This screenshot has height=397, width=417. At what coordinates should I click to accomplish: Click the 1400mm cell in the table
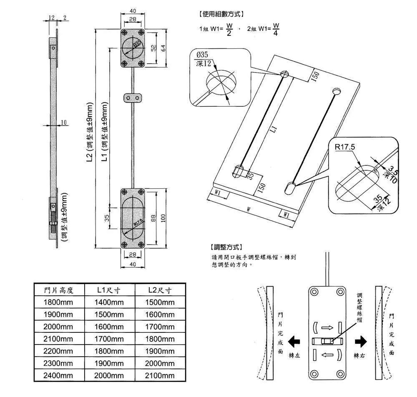coord(109,302)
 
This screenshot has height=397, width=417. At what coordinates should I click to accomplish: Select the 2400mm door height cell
coord(59,376)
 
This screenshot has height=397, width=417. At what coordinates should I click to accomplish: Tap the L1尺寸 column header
coord(109,290)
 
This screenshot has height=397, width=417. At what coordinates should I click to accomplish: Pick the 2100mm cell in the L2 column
coord(160,376)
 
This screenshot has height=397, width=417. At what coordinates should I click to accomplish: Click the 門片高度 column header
coord(59,290)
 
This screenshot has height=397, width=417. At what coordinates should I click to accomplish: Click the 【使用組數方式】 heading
coord(220,14)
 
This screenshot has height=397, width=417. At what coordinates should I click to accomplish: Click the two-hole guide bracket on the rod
coord(133,98)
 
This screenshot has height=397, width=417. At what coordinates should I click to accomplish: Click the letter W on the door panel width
coord(248,209)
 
